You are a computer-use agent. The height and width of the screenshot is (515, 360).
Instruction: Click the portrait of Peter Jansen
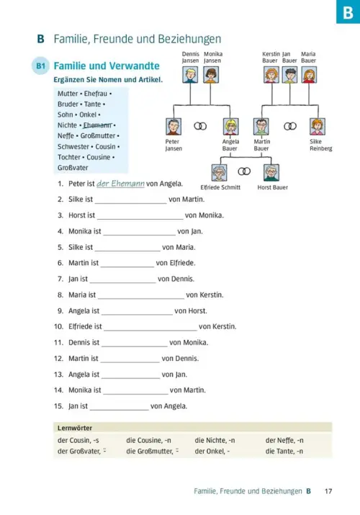pos(174,127)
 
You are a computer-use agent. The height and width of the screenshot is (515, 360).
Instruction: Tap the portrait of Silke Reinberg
pos(318,127)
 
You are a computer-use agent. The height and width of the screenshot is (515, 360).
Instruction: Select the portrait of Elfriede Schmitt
pos(219,172)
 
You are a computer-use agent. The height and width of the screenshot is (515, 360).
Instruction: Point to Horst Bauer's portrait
pos(271,172)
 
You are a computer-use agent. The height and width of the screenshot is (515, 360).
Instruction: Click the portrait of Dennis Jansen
pos(190,75)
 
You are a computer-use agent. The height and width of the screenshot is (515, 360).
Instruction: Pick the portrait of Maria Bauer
pos(309,75)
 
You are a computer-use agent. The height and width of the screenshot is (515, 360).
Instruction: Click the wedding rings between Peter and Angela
pos(200,126)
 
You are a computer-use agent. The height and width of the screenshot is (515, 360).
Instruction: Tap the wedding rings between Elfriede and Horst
pos(244,171)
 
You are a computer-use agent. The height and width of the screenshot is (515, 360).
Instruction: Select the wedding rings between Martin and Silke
pos(290,126)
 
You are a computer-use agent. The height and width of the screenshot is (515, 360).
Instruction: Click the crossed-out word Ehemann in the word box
pos(97,125)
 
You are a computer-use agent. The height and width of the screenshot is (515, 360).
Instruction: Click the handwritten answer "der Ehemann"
pos(120,184)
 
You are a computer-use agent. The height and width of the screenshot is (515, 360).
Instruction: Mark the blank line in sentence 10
pos(150,331)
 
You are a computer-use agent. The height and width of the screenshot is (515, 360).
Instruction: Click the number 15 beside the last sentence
pos(58,406)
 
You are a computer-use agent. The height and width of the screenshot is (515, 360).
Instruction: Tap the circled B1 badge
pos(41,66)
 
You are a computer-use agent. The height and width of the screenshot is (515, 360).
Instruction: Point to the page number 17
pos(328,491)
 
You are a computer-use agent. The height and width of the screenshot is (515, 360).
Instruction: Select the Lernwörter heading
pos(75,428)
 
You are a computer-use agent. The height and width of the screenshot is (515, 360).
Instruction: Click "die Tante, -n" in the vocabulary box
pos(284,452)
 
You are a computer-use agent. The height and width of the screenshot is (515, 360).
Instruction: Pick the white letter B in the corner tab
pos(348,12)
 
